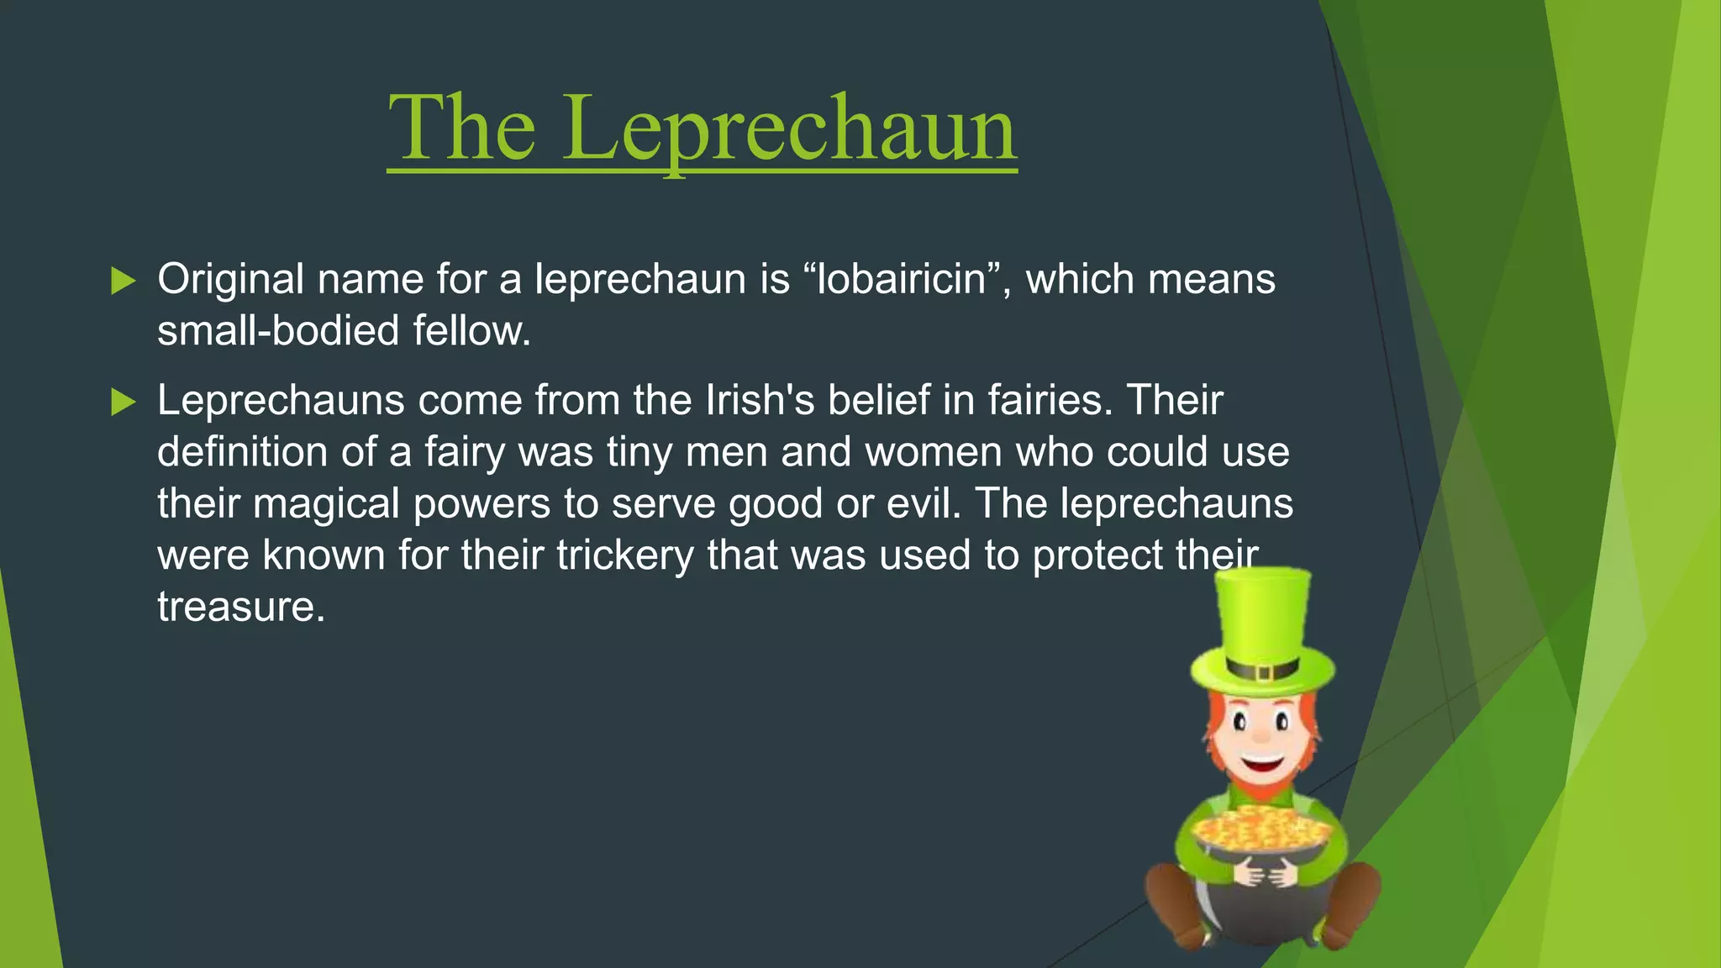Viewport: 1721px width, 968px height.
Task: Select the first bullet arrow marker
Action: (x=123, y=281)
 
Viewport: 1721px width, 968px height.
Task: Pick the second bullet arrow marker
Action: (x=123, y=402)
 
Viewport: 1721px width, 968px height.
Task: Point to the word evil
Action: (x=920, y=503)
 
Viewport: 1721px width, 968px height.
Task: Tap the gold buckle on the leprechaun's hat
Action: (x=1263, y=672)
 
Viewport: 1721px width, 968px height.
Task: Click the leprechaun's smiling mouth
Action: (x=1262, y=765)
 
